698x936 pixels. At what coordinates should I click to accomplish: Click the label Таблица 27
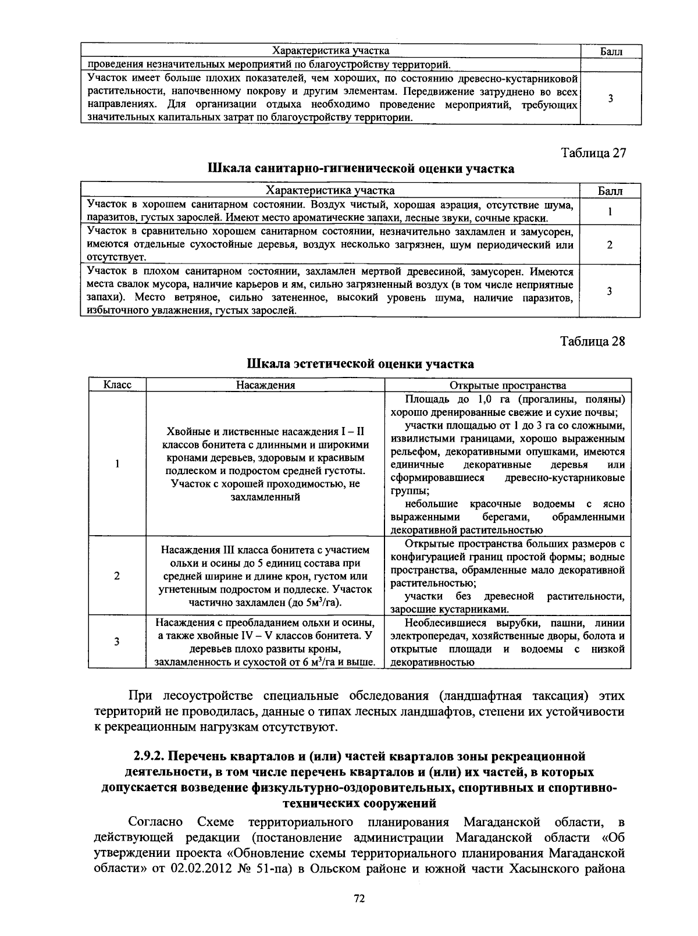click(593, 153)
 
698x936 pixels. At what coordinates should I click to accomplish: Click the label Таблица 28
click(593, 341)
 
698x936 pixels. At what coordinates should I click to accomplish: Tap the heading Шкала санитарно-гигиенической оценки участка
click(361, 169)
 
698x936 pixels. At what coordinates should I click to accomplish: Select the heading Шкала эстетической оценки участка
click(361, 364)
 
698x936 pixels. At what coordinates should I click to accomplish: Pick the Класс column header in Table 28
click(117, 385)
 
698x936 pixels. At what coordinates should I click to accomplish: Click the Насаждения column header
click(265, 385)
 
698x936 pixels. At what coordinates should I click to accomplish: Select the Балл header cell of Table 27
click(610, 191)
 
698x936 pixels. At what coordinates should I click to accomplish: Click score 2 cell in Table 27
click(610, 245)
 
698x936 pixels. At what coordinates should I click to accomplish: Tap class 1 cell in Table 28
click(117, 464)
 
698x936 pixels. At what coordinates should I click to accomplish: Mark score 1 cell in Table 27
click(610, 212)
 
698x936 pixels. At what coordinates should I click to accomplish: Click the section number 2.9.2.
click(151, 756)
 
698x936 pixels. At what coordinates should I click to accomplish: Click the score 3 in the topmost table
click(610, 98)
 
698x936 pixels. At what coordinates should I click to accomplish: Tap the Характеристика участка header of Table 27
click(330, 191)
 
